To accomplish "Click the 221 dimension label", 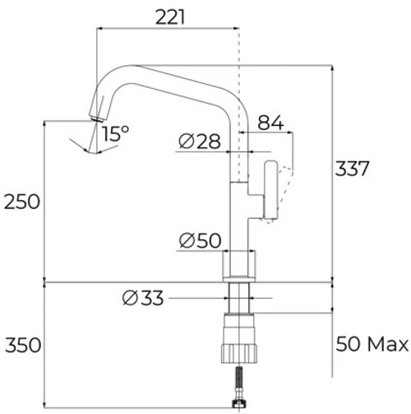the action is [170, 17].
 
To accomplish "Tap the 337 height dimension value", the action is [352, 169].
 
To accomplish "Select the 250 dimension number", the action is [22, 202].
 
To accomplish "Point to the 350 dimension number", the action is [23, 345].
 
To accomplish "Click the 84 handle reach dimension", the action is [270, 123].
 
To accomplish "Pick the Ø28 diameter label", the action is [199, 142].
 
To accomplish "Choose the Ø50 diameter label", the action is [200, 240].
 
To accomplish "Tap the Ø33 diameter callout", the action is [143, 298].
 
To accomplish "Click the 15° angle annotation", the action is [115, 133].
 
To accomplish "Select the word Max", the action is [388, 344].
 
